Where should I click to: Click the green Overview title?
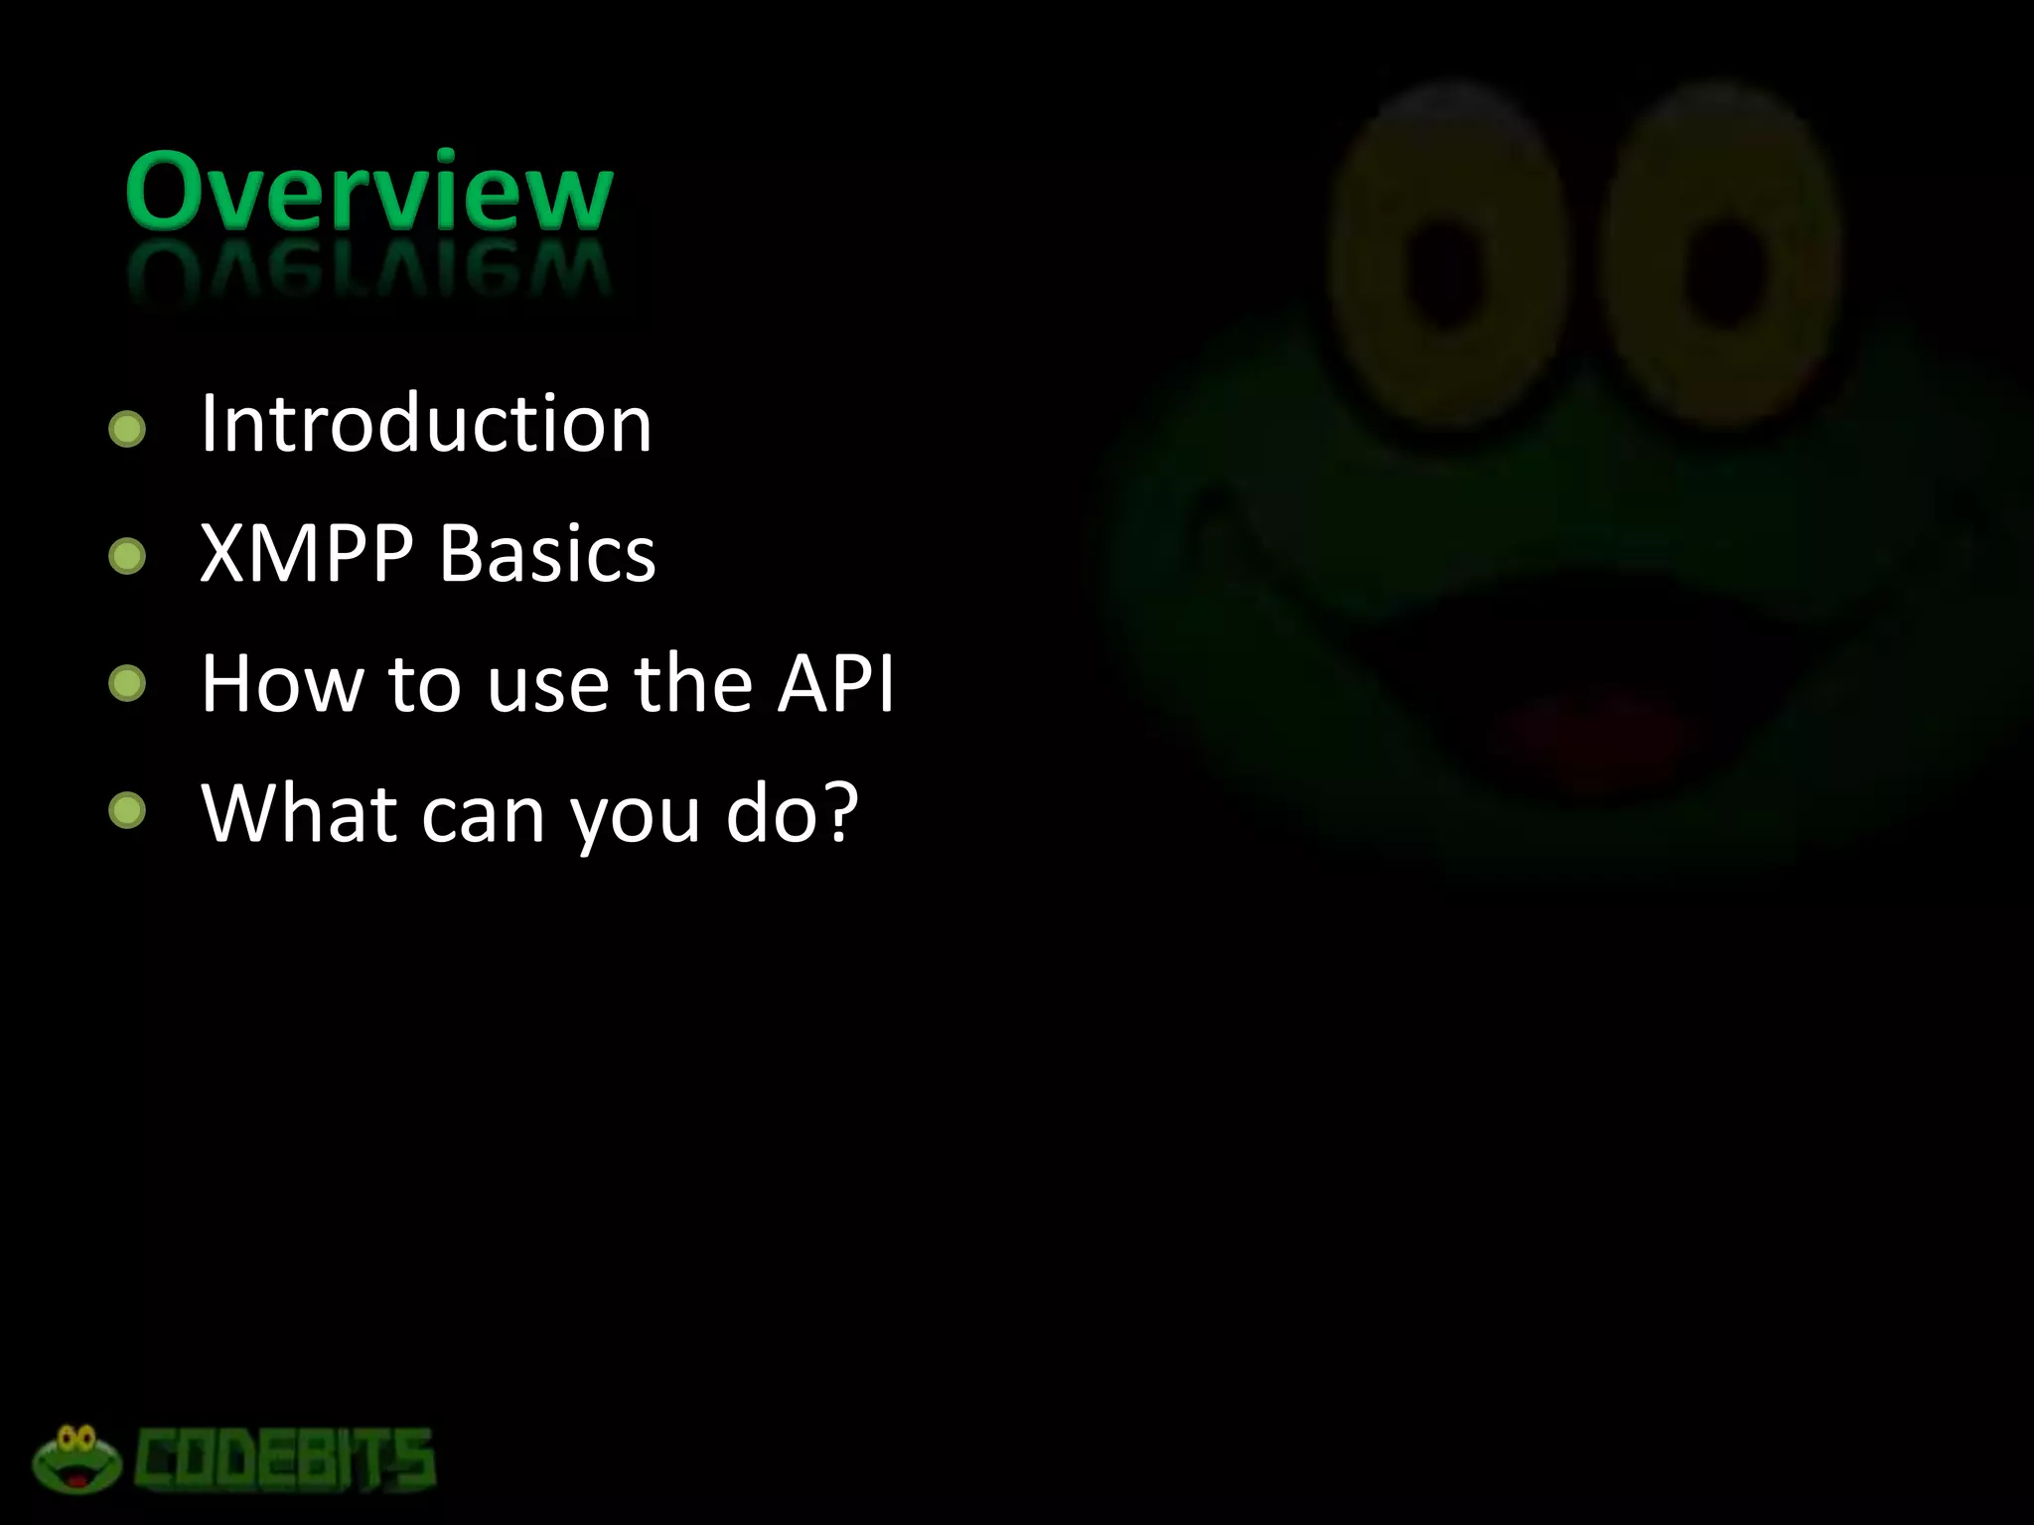[368, 193]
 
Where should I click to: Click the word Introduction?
[426, 424]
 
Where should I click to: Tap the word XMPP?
[306, 553]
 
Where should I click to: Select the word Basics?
[547, 553]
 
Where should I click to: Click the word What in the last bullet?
[298, 813]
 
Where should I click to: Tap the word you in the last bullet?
[635, 819]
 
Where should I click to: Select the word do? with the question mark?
[792, 813]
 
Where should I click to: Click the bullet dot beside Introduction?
[127, 429]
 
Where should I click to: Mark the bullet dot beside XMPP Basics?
[127, 557]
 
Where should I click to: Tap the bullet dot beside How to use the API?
[127, 684]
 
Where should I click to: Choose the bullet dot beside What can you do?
[127, 812]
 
